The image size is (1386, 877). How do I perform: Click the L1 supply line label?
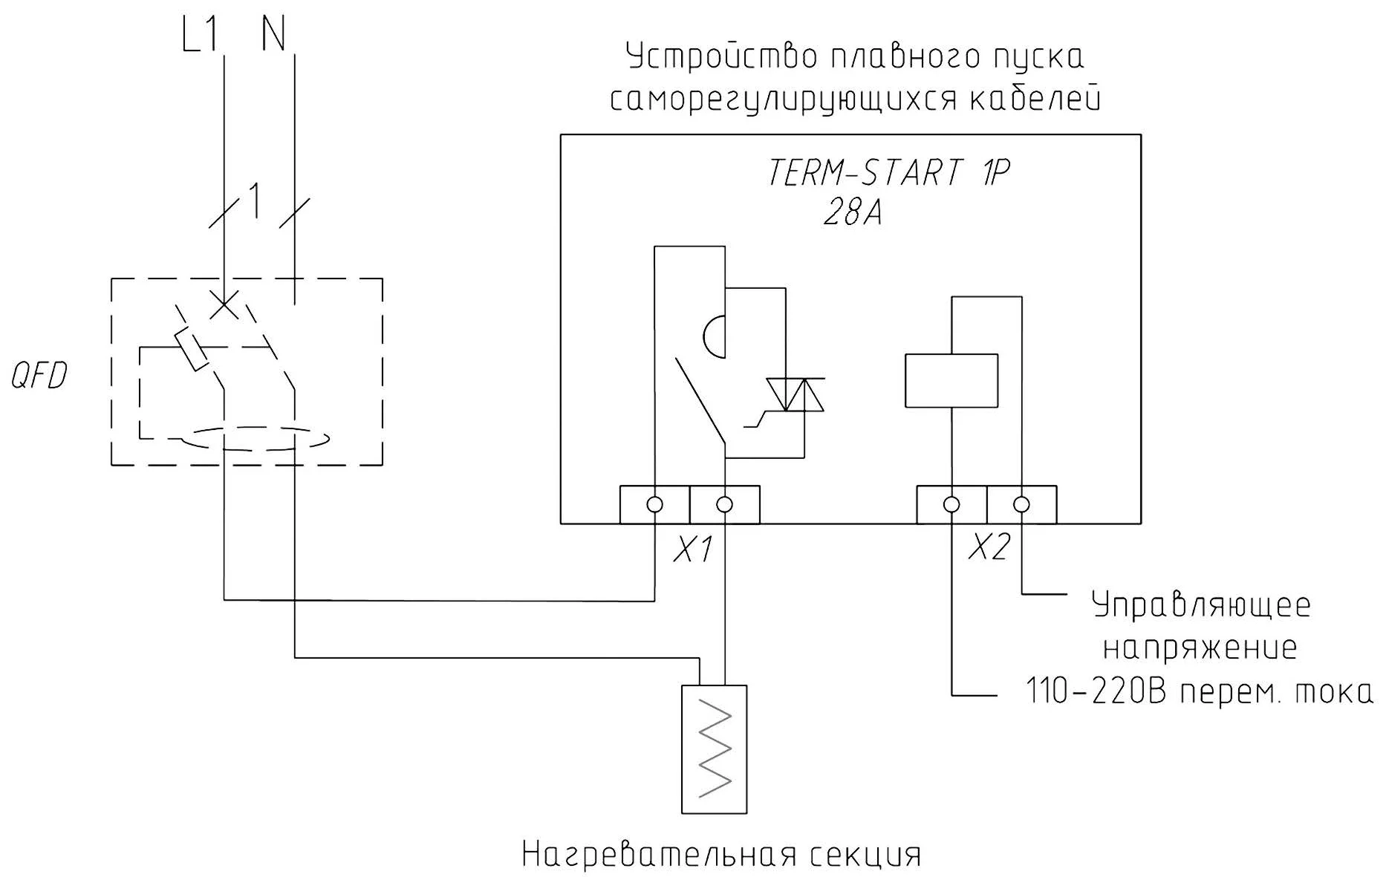[200, 35]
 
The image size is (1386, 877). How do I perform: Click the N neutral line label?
[273, 35]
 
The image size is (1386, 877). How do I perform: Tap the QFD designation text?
[39, 376]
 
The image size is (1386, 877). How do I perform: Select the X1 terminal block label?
[692, 550]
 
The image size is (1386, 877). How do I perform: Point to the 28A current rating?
[852, 213]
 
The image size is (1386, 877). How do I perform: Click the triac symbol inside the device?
[795, 394]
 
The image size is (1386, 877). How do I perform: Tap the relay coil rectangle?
[951, 381]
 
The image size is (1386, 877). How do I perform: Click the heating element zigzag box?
[714, 749]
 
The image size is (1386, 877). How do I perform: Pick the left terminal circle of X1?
[654, 505]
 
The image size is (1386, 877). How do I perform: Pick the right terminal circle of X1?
[725, 505]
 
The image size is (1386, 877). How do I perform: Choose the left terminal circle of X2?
[951, 505]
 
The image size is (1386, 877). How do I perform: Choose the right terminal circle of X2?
[1022, 505]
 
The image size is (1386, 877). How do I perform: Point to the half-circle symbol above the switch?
[715, 336]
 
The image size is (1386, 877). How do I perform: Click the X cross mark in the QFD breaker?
[224, 304]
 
